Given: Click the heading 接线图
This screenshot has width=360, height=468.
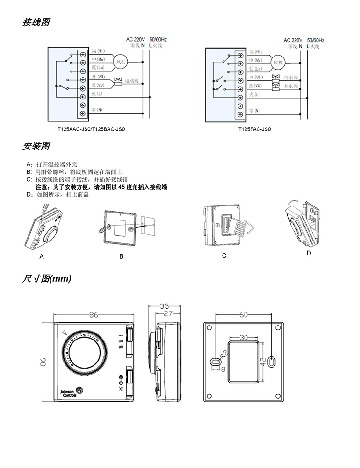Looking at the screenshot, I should pyautogui.click(x=36, y=22).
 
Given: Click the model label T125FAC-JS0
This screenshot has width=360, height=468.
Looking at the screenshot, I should pyautogui.click(x=255, y=129).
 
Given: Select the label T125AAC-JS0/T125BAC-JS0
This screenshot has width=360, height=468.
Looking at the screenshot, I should pyautogui.click(x=92, y=129).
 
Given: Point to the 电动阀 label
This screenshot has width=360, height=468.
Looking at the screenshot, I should pyautogui.click(x=131, y=81).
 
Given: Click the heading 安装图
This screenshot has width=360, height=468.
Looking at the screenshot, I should pyautogui.click(x=36, y=146).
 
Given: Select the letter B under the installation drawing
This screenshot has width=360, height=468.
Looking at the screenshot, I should pyautogui.click(x=122, y=256).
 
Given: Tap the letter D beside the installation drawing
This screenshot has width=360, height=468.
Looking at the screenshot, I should pyautogui.click(x=308, y=253).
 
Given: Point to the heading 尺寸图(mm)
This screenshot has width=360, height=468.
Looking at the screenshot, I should pyautogui.click(x=47, y=279).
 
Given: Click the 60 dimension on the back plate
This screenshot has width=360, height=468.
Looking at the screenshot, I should pyautogui.click(x=244, y=315).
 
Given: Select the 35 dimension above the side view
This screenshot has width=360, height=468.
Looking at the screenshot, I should pyautogui.click(x=164, y=306).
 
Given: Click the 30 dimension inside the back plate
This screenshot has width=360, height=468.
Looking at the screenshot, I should pyautogui.click(x=244, y=337).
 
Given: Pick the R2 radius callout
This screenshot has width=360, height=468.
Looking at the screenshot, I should pyautogui.click(x=223, y=354).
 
